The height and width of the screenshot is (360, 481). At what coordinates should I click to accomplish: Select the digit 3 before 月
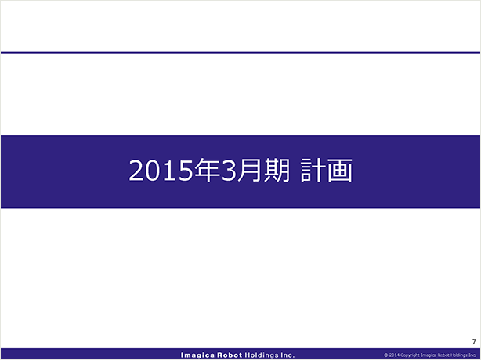tap(228, 171)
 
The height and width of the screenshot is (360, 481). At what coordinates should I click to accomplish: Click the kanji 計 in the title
tap(313, 170)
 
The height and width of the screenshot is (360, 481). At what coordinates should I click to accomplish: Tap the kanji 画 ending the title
tap(340, 170)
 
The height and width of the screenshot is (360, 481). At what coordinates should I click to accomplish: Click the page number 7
tap(474, 341)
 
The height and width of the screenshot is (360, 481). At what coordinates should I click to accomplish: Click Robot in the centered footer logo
tap(230, 355)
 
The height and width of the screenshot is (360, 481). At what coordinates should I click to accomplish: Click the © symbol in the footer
tap(386, 355)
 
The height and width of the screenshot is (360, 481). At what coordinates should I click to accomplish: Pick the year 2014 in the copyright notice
tap(394, 355)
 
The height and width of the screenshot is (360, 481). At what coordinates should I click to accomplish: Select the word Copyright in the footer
tap(410, 355)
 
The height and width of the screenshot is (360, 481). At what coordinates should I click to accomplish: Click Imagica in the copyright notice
tap(428, 355)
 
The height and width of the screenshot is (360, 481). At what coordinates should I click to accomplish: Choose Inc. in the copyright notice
tap(472, 355)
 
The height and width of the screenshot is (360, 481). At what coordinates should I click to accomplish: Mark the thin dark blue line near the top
tap(240, 52)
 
